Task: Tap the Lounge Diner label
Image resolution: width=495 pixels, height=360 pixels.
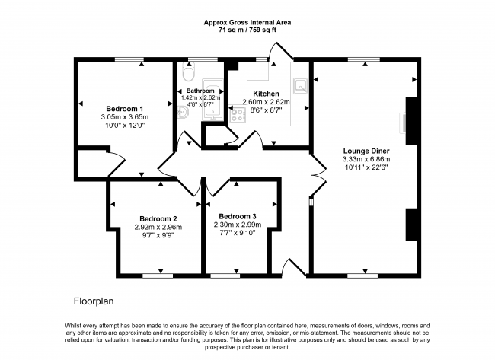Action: pyautogui.click(x=366, y=151)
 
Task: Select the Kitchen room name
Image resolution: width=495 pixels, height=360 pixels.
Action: pyautogui.click(x=266, y=94)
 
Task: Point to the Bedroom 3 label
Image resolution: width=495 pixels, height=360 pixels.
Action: pyautogui.click(x=238, y=216)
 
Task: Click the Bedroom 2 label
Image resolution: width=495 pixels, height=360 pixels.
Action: pyautogui.click(x=158, y=218)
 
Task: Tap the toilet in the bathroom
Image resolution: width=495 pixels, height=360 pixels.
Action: pyautogui.click(x=189, y=72)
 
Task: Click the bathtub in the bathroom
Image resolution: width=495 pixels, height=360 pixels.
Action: pyautogui.click(x=212, y=100)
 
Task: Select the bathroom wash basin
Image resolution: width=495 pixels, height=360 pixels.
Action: pyautogui.click(x=183, y=112)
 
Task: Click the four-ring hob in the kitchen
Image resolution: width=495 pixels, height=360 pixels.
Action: pyautogui.click(x=238, y=115)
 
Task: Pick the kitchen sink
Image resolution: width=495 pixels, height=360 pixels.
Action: pyautogui.click(x=300, y=86)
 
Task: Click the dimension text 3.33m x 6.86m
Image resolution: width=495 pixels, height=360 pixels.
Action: pyautogui.click(x=366, y=159)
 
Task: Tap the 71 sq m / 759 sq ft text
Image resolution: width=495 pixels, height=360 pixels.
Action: pyautogui.click(x=247, y=30)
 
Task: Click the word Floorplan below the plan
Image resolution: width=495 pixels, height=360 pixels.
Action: pyautogui.click(x=94, y=301)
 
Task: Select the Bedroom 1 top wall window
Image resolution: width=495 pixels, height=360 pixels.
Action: pyautogui.click(x=129, y=59)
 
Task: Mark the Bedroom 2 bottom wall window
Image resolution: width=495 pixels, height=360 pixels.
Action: pyautogui.click(x=158, y=276)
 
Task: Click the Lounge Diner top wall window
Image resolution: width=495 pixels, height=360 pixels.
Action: pyautogui.click(x=364, y=59)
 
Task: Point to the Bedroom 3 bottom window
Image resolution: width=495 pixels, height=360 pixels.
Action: pyautogui.click(x=225, y=276)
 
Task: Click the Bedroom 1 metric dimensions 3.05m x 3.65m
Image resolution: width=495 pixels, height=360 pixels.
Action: pyautogui.click(x=125, y=117)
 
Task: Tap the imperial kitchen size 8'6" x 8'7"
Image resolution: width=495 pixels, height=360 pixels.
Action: pyautogui.click(x=266, y=110)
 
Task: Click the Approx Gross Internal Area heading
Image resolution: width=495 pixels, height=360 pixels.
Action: pyautogui.click(x=247, y=22)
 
